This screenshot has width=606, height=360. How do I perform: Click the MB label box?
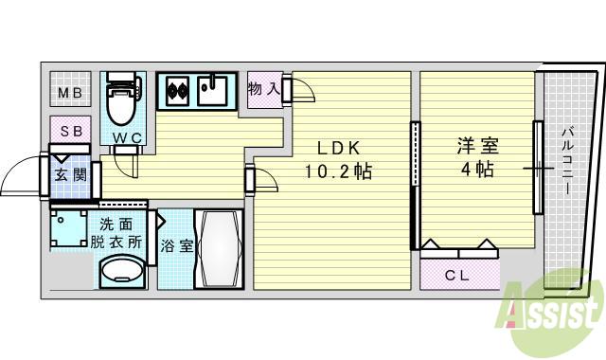[x=69, y=92]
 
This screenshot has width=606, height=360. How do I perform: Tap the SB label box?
[x=69, y=131]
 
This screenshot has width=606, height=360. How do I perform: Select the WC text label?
[x=127, y=139]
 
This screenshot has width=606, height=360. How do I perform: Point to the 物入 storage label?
[x=262, y=89]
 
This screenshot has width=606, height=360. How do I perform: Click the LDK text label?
[x=337, y=148]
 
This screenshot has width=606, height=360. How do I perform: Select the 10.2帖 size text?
[x=337, y=171]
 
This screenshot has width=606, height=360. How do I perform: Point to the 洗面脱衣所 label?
[x=120, y=233]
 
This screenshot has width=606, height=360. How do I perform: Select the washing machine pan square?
[x=69, y=228]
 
